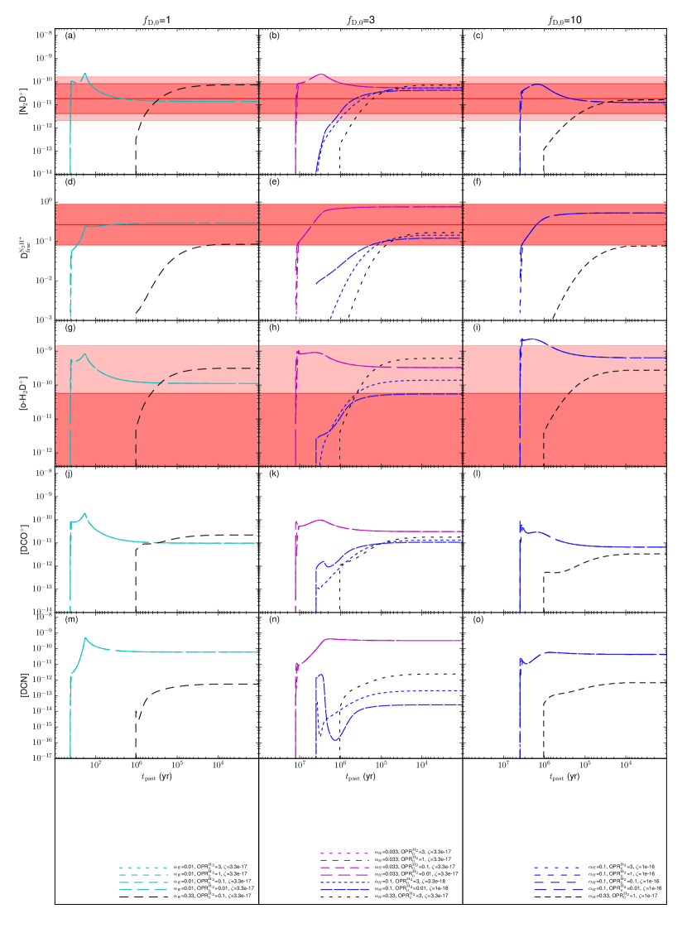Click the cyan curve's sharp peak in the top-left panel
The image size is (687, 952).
[84, 73]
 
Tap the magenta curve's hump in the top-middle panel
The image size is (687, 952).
[321, 75]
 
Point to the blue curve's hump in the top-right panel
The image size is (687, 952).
[538, 84]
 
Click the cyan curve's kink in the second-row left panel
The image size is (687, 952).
[84, 227]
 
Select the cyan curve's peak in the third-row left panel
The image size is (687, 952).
[84, 354]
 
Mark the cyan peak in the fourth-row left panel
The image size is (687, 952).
[84, 514]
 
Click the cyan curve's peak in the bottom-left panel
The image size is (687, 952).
[85, 637]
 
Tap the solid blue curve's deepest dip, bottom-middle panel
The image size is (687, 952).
[335, 739]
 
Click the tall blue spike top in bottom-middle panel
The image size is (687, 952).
[320, 675]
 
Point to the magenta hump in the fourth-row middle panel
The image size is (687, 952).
[321, 520]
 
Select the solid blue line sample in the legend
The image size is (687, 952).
[344, 890]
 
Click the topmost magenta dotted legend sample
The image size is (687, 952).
[344, 853]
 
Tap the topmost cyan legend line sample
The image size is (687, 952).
[143, 868]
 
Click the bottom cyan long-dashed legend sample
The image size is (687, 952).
[143, 890]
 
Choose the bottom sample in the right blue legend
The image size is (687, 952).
[559, 890]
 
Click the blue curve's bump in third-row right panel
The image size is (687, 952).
[534, 339]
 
